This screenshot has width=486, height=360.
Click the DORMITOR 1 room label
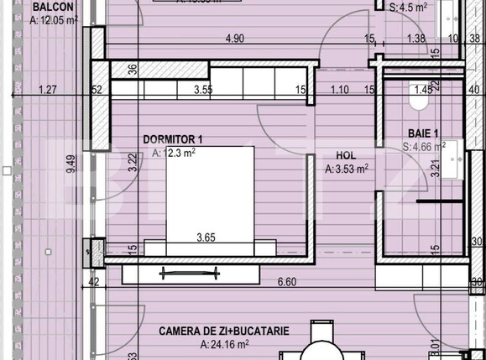172,139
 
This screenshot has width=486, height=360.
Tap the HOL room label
346,155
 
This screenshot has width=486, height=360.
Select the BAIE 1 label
424,133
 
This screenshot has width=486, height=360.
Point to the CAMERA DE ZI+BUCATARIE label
224,331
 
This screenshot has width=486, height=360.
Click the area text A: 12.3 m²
174,153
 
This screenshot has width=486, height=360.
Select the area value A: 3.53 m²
347,169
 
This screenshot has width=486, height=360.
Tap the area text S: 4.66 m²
425,147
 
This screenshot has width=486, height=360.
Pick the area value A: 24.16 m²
224,344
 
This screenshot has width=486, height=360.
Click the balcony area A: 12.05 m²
54,19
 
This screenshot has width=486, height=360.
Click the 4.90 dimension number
233,39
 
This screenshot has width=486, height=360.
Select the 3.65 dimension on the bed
206,237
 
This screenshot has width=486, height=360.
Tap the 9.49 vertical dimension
72,163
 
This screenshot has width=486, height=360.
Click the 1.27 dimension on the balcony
47,89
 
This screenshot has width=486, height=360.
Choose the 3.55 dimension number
202,89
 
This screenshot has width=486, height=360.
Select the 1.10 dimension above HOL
339,89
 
